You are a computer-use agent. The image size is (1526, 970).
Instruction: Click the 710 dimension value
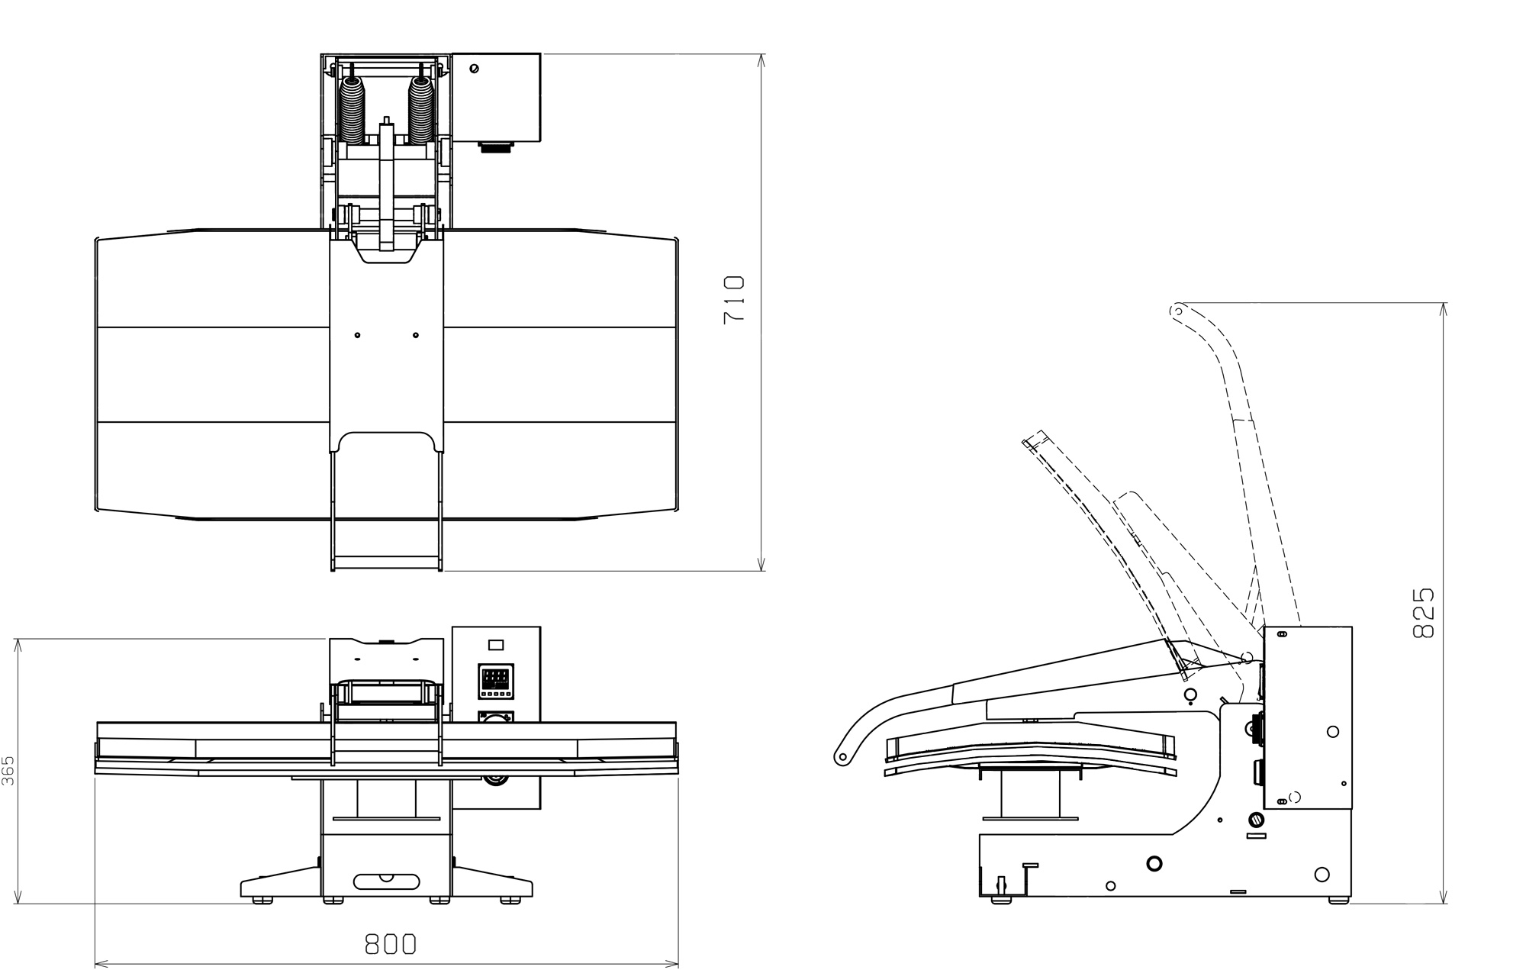click(733, 299)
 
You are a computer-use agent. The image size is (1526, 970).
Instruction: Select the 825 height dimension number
click(1423, 612)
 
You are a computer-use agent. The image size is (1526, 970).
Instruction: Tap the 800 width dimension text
click(391, 945)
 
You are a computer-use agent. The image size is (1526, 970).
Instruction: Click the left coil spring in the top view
click(352, 109)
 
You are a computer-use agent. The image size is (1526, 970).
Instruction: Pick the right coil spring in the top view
click(421, 109)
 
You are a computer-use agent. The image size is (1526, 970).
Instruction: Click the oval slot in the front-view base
click(387, 881)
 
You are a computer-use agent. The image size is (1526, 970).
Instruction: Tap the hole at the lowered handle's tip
click(842, 758)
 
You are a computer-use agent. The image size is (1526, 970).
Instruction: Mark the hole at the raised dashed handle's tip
click(1177, 311)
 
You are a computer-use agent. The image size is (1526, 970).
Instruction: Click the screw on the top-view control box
click(474, 69)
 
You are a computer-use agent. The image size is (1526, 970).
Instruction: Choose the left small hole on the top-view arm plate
click(357, 335)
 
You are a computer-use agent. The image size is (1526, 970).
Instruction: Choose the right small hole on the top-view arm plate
click(415, 335)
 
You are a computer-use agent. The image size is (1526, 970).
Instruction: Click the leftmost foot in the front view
click(262, 901)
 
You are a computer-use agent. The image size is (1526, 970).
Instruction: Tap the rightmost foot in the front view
click(510, 901)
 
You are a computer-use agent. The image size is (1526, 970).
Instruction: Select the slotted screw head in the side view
click(1255, 821)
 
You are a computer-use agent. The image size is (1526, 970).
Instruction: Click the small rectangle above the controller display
click(496, 645)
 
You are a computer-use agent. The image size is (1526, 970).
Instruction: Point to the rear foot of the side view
click(1338, 901)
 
